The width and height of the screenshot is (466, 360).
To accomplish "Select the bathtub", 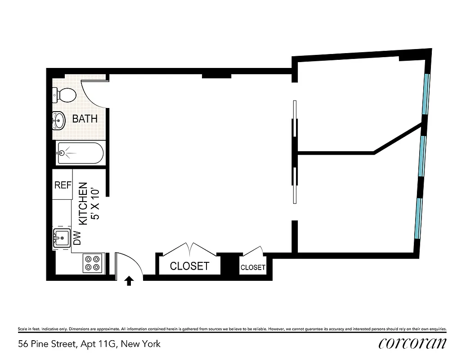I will [81, 153].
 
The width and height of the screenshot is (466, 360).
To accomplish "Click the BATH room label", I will [85, 119].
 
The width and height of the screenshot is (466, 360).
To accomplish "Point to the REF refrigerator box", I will [63, 185].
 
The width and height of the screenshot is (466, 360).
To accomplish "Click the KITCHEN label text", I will [83, 203].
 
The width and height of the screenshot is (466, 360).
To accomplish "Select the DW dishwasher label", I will [77, 238].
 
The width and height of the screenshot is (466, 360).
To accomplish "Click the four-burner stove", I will [93, 263].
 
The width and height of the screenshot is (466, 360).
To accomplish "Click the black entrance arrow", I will [129, 281].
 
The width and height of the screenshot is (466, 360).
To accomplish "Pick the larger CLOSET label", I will [189, 266].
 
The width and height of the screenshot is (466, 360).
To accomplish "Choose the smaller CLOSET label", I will [253, 267].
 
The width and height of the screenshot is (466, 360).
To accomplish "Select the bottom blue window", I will [419, 218].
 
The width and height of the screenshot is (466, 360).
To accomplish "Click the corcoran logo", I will [412, 343].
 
